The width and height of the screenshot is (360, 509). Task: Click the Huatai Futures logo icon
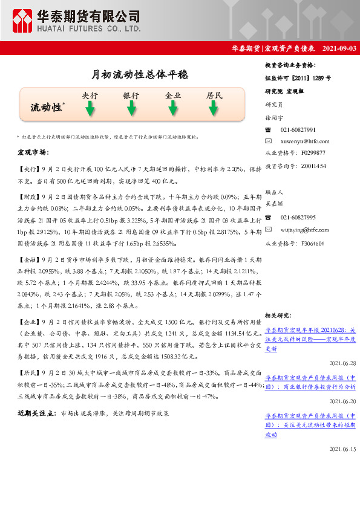pyautogui.click(x=22, y=21)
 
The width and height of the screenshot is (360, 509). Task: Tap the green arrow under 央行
pyautogui.click(x=90, y=109)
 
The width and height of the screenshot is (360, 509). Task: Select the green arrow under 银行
pyautogui.click(x=131, y=109)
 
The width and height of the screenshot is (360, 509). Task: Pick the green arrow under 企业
pyautogui.click(x=173, y=109)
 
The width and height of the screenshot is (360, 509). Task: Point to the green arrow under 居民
pyautogui.click(x=214, y=109)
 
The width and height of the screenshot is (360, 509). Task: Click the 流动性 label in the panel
pyautogui.click(x=46, y=107)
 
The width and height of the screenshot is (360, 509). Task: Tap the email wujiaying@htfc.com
pyautogui.click(x=304, y=230)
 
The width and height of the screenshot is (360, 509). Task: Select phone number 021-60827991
pyautogui.click(x=298, y=130)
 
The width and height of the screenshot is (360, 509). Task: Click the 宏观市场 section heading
pyautogui.click(x=33, y=152)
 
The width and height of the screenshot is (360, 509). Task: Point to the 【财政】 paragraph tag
pyautogui.click(x=28, y=197)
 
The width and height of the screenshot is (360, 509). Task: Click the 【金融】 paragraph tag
pyautogui.click(x=28, y=259)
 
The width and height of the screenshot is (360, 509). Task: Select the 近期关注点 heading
pyautogui.click(x=35, y=413)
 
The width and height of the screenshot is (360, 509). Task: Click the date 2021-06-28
pyautogui.click(x=342, y=363)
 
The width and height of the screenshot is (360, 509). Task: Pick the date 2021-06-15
pyautogui.click(x=342, y=450)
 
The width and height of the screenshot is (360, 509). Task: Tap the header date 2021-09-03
pyautogui.click(x=339, y=48)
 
